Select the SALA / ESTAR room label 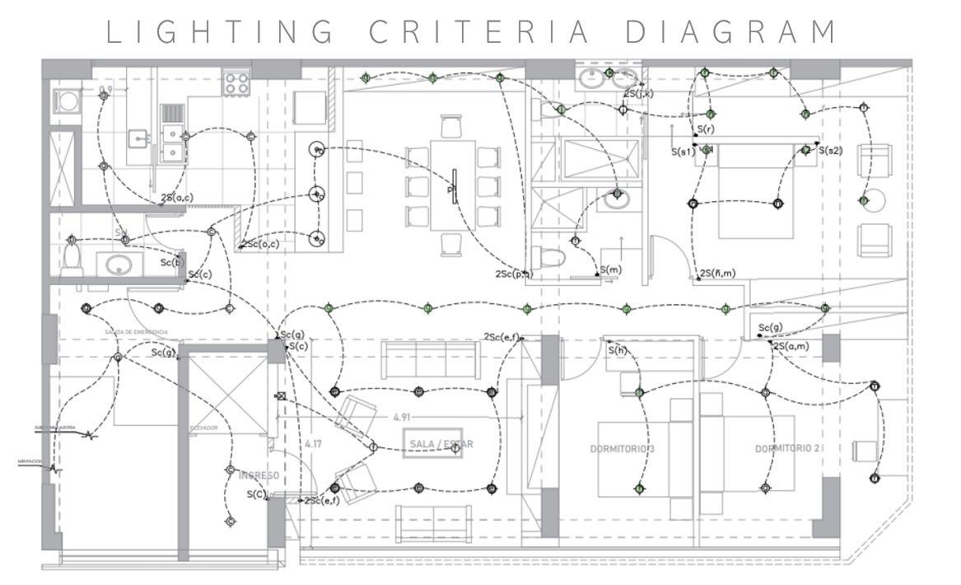441,445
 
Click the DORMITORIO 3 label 623,449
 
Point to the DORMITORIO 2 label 788,449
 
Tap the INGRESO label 259,476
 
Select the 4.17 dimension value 313,445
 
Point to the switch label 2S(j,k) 638,94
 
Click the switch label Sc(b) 171,263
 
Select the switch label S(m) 610,270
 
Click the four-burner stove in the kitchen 237,82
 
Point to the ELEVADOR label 204,428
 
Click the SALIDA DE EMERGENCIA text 137,332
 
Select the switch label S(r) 705,130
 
